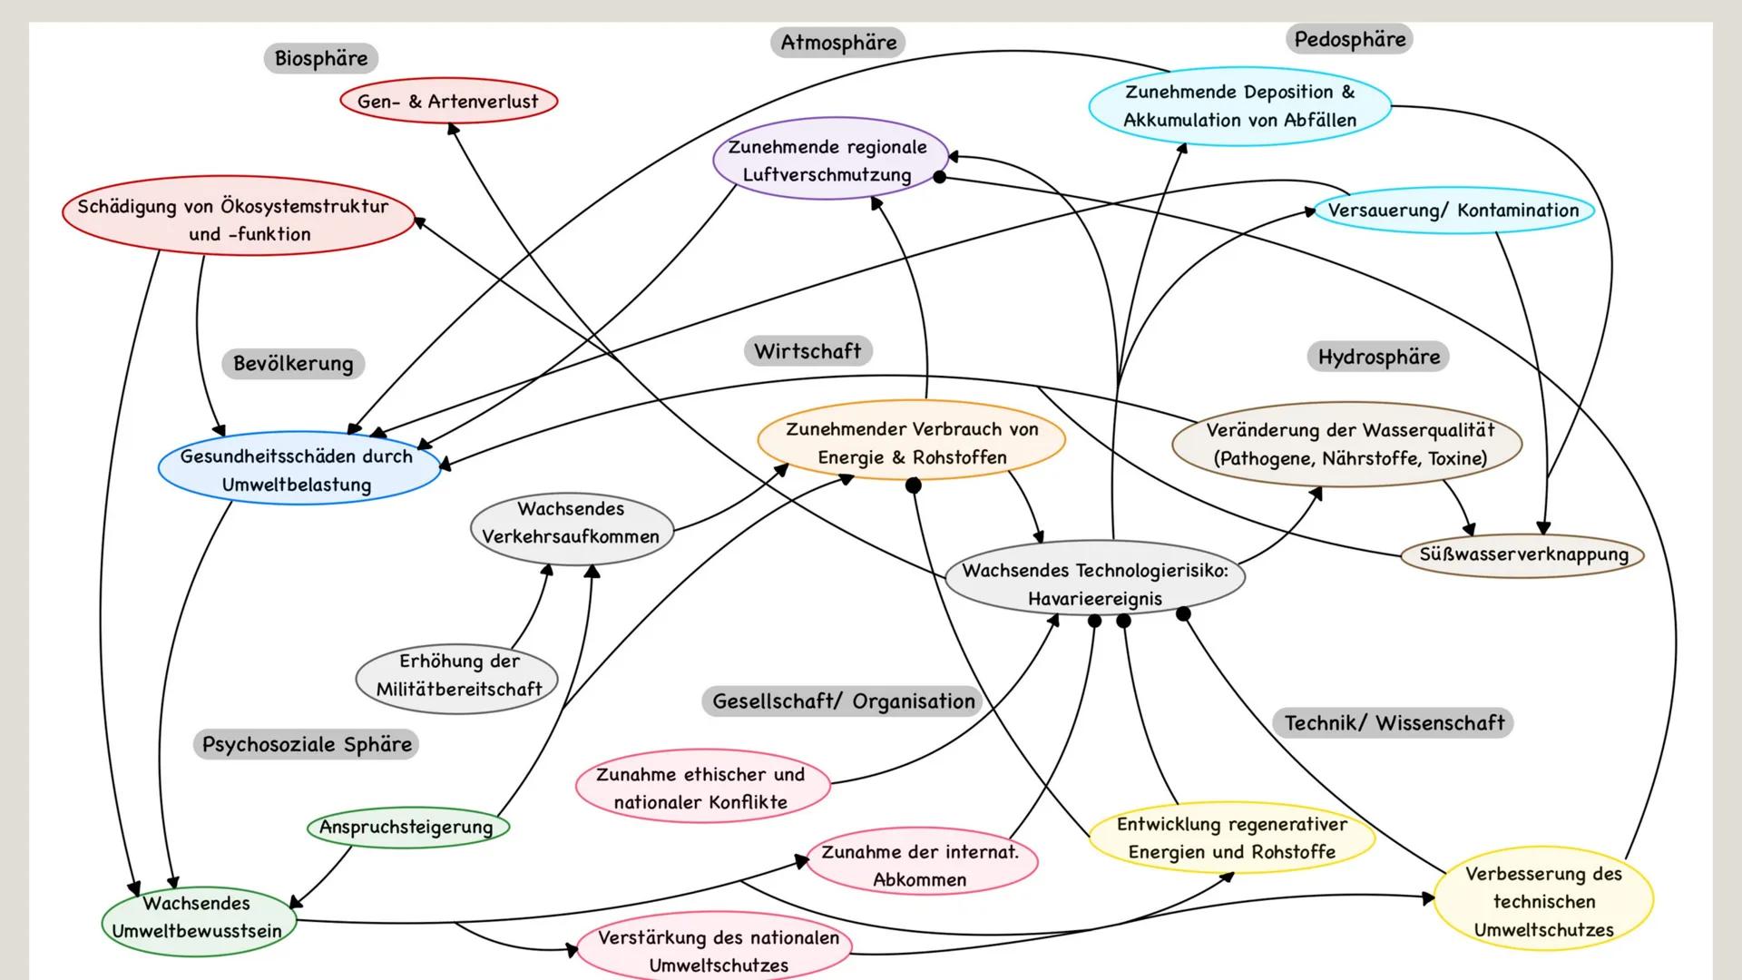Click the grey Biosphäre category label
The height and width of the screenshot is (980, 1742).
pos(321,58)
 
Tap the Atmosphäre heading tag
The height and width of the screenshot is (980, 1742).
pos(837,42)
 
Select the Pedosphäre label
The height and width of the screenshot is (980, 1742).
pos(1349,39)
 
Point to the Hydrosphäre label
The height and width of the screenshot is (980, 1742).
pos(1378,357)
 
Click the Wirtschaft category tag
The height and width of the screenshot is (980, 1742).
pos(807,351)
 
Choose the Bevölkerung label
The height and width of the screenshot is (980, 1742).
pos(293,364)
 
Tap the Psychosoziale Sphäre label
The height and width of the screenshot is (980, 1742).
pos(307,745)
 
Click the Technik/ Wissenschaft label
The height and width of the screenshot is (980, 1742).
pos(1394,723)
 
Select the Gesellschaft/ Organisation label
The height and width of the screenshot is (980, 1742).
pos(843,701)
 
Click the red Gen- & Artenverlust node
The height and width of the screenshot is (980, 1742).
pos(448,102)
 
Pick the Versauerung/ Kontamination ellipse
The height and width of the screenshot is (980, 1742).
pos(1453,211)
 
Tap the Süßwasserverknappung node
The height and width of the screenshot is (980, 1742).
pos(1522,554)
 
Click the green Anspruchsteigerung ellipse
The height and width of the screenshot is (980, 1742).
pos(407,828)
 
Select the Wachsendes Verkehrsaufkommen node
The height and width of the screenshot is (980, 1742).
pos(572,523)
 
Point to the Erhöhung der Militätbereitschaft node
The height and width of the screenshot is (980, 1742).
pos(457,675)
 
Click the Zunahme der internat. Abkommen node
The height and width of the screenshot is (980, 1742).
pos(920,866)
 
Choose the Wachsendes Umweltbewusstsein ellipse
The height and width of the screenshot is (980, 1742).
pos(197,917)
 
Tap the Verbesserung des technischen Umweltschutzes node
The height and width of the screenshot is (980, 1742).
pos(1543,902)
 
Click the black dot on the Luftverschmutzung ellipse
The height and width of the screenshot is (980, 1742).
pos(940,178)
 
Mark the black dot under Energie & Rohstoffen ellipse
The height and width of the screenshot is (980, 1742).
pos(914,485)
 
